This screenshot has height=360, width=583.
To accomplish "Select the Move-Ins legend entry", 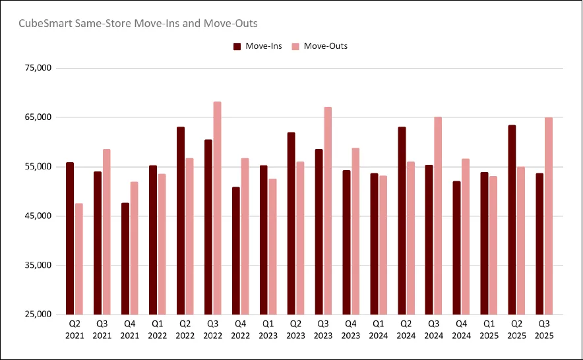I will click(x=257, y=46).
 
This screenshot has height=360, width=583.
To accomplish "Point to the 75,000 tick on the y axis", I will click(x=37, y=68).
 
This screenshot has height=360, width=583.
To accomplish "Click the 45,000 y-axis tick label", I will click(x=37, y=216).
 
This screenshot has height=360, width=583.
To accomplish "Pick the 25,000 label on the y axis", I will click(x=37, y=315).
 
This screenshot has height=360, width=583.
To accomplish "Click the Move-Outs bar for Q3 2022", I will click(x=218, y=208).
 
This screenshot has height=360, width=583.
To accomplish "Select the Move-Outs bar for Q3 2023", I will click(x=328, y=210).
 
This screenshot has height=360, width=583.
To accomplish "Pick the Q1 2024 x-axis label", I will click(x=379, y=330).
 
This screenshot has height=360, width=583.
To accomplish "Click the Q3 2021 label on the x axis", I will click(x=102, y=330).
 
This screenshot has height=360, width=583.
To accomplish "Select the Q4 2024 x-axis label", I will click(x=462, y=330).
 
